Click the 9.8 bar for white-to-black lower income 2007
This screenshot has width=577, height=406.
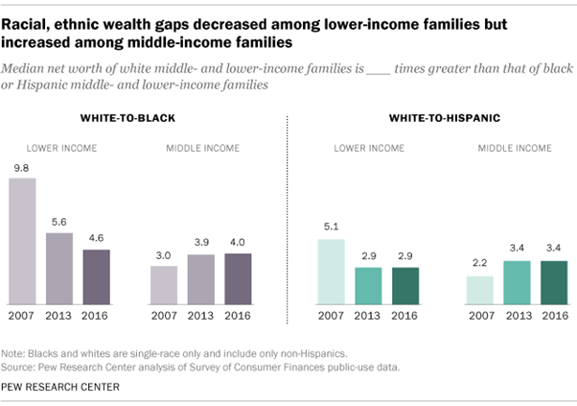pos(22,243)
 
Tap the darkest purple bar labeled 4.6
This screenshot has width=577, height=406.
pos(96,277)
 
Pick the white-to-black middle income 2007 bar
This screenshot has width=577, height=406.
pos(165,286)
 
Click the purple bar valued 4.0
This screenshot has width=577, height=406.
pos(238,279)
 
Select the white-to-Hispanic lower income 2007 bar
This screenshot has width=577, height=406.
pos(331,273)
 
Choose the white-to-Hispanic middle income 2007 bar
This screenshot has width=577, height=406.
pos(479,291)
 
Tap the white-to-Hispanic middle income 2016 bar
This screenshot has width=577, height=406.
pos(553,283)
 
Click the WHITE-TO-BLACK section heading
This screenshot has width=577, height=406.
pos(130,118)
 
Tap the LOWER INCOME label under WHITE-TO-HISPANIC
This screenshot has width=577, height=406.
pos(367,149)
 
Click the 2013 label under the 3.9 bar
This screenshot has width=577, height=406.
pos(201,315)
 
